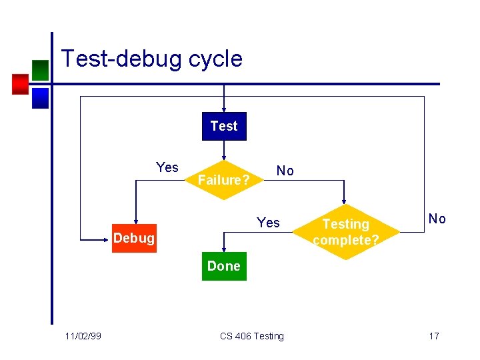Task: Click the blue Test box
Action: pos(224,126)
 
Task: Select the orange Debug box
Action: pos(134,238)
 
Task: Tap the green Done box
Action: pos(224,266)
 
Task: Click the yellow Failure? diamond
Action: pos(224,180)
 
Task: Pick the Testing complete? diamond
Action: pos(345,232)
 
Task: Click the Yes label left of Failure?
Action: pos(167,167)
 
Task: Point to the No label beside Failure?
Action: pos(285,171)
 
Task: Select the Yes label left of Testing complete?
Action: pos(269,223)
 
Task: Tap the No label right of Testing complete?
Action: pos(437,219)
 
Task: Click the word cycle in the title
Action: pos(215,59)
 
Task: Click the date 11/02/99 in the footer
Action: pos(84,336)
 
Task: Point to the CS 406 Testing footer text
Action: pos(252,336)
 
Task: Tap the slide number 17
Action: pos(433,336)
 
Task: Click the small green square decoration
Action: pos(40,70)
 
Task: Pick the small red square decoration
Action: pos(20,84)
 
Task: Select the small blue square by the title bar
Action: pos(40,99)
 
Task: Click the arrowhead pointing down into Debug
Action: pos(135,220)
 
